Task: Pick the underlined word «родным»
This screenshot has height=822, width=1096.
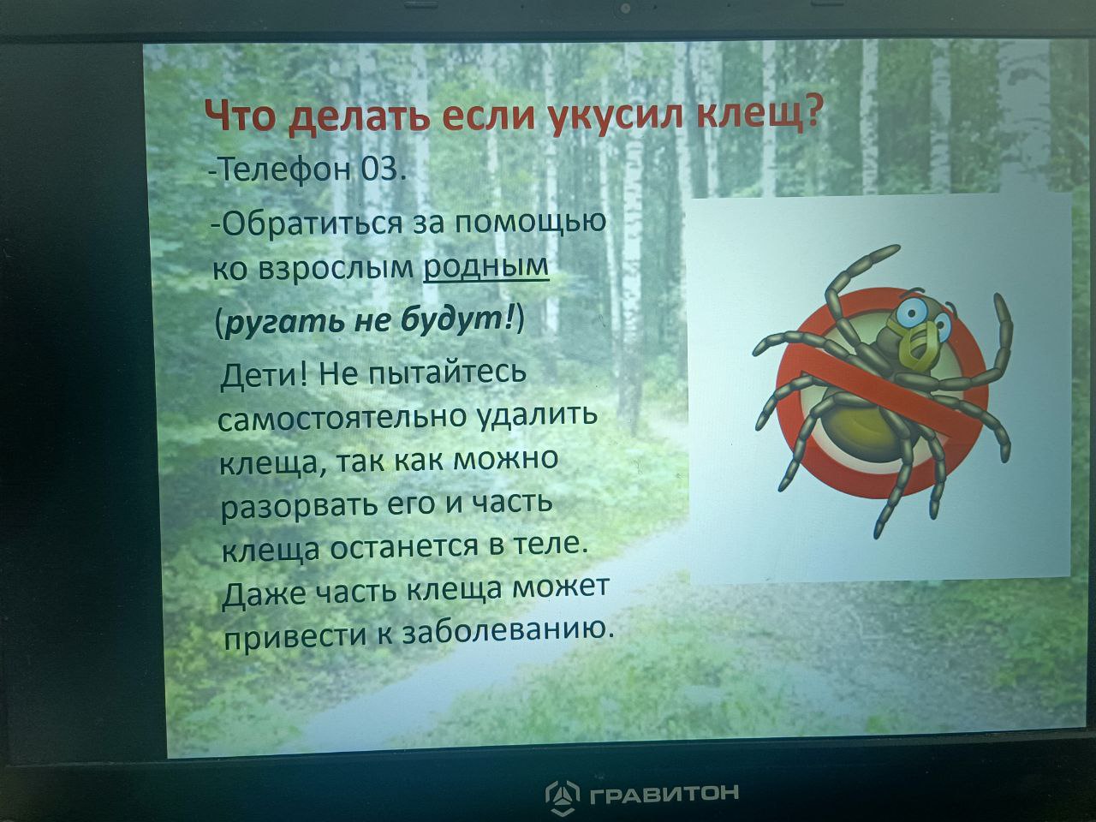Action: pyautogui.click(x=485, y=268)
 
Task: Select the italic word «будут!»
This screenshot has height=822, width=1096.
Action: pyautogui.click(x=460, y=320)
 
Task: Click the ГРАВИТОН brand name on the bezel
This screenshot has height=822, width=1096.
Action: pyautogui.click(x=664, y=791)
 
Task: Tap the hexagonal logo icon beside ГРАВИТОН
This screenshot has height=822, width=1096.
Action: pyautogui.click(x=563, y=794)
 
